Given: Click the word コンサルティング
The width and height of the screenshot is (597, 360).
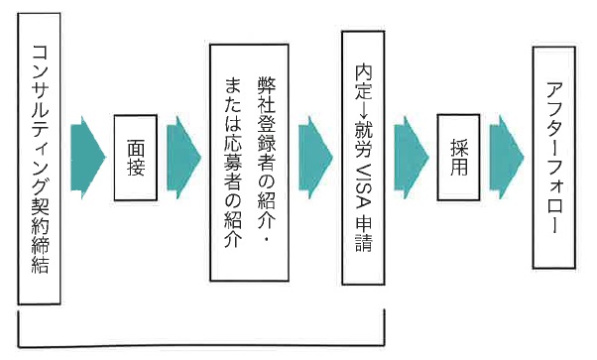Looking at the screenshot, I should tap(41, 120).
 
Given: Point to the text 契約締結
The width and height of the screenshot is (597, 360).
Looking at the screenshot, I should tap(41, 238).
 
